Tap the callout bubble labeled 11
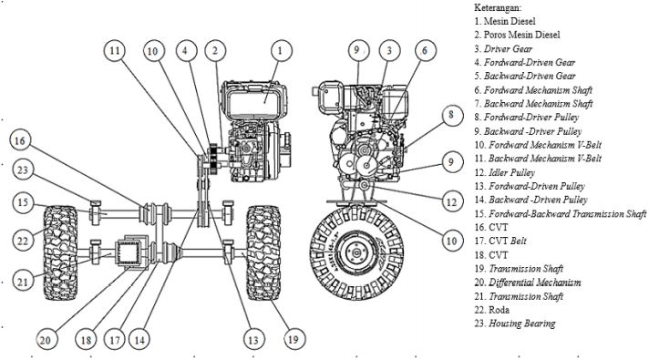[115, 50]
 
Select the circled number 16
[20, 140]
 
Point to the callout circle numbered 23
[23, 170]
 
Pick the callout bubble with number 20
[46, 340]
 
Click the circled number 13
[252, 340]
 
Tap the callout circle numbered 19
[294, 339]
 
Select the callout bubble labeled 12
[451, 201]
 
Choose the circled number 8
[451, 115]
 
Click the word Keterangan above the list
[498, 7]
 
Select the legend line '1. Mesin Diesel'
[505, 21]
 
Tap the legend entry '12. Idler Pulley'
[505, 172]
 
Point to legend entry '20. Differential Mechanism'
[528, 283]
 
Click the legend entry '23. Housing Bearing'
[515, 324]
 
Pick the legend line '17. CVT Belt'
[500, 241]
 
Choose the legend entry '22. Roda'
[491, 310]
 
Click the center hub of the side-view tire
[356, 252]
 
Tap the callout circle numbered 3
[389, 50]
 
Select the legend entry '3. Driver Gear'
[503, 48]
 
